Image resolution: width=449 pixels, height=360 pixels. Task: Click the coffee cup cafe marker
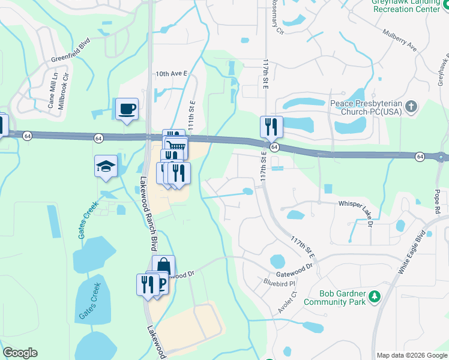127,109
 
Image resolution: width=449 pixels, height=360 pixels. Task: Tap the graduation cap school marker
106,166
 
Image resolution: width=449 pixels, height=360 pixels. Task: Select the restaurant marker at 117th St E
271,127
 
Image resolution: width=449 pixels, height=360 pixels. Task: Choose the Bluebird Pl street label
281,282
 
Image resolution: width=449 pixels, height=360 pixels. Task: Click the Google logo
20,353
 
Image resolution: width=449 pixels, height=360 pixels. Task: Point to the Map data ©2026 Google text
411,355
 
